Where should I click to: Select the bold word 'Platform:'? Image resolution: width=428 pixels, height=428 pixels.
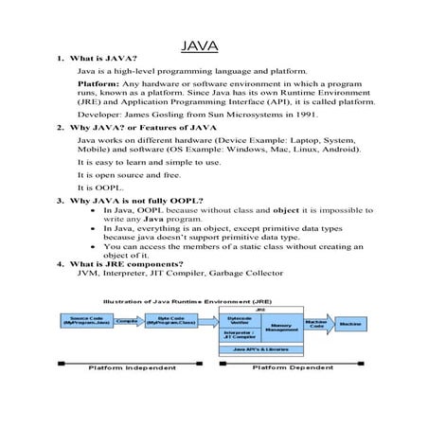[98, 83]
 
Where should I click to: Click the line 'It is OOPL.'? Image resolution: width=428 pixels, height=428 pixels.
[99, 187]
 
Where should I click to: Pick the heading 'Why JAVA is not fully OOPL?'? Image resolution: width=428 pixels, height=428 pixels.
[137, 201]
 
